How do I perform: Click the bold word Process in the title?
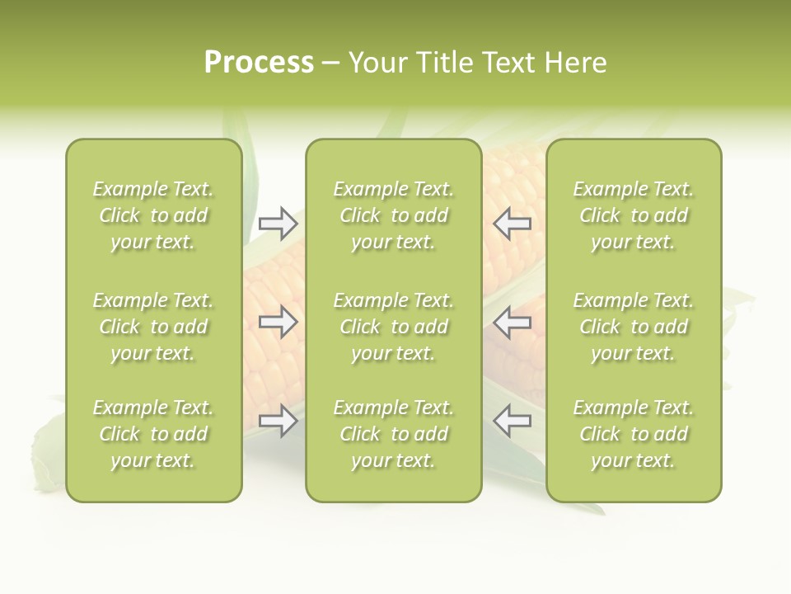(259, 63)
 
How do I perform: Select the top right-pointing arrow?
(278, 223)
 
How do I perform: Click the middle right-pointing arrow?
(278, 322)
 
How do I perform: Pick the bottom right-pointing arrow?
(278, 422)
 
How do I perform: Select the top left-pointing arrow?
(512, 223)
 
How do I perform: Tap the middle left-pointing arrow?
(512, 322)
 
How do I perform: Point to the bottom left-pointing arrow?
(512, 422)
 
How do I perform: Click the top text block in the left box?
(153, 215)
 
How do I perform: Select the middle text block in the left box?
(153, 327)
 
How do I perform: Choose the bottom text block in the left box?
(153, 434)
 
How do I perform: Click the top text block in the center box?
(393, 215)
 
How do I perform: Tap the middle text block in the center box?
(393, 327)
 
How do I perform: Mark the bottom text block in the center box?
(393, 434)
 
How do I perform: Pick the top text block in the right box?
(633, 215)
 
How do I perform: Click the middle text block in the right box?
(633, 327)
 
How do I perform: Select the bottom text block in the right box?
(633, 434)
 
